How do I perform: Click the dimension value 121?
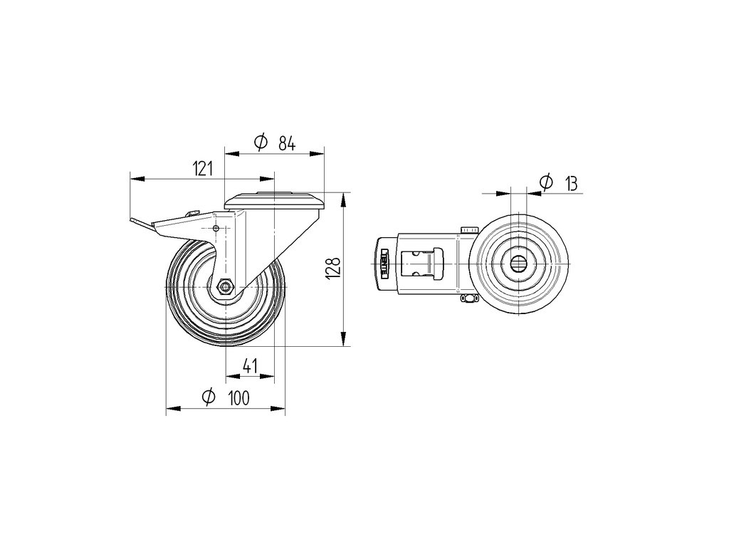coord(203,169)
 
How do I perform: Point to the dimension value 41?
coord(250,366)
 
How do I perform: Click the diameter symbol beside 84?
coord(261,143)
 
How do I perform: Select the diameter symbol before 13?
coord(546,182)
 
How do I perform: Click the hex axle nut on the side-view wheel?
coord(225,287)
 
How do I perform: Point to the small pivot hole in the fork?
coord(216,228)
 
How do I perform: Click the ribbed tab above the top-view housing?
coord(470,229)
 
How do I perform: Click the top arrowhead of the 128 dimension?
coord(344,196)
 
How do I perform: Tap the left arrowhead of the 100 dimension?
coord(169,410)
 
